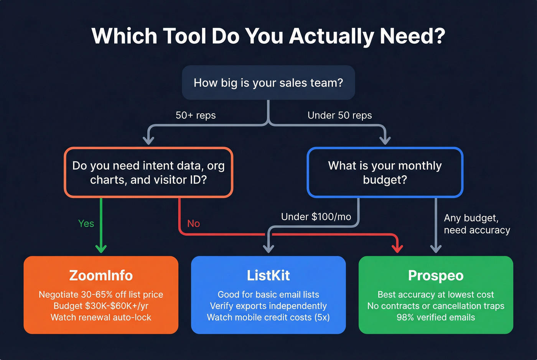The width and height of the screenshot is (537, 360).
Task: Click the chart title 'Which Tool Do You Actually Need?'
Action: click(268, 36)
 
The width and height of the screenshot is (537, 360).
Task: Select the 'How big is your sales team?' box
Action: click(268, 83)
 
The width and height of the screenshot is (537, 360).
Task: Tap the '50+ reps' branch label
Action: click(196, 115)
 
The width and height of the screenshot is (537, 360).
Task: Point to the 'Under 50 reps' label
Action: click(339, 115)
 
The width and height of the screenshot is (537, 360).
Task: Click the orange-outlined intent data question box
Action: click(148, 173)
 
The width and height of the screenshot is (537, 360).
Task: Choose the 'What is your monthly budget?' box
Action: click(385, 173)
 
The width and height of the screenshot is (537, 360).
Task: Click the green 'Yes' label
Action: click(86, 224)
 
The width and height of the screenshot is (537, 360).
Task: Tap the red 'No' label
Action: click(193, 224)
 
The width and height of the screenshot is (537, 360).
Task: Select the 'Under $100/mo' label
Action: click(316, 217)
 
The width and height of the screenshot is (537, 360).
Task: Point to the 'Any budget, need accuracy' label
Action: click(477, 224)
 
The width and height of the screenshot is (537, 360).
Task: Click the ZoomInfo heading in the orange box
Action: click(101, 275)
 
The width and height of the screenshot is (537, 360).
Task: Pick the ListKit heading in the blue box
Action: click(268, 275)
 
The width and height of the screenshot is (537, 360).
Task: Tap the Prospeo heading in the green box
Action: click(436, 275)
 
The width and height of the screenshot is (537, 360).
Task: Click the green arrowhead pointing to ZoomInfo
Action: click(101, 249)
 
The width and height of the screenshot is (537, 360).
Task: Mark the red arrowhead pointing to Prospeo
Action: click(397, 248)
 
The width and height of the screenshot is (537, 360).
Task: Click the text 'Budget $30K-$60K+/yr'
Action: click(101, 306)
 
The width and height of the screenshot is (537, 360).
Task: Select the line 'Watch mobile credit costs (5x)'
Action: click(268, 317)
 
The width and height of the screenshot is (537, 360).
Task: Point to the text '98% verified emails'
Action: click(436, 317)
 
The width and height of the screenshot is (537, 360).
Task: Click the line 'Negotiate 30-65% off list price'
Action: click(101, 294)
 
